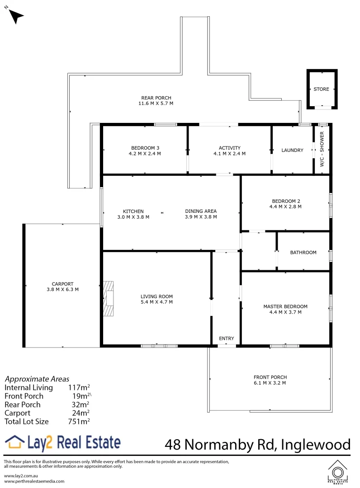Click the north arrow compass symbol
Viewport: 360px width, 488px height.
click(16, 16)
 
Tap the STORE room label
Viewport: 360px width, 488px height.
click(322, 89)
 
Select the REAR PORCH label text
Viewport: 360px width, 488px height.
click(156, 98)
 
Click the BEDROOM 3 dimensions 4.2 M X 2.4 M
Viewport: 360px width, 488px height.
click(145, 154)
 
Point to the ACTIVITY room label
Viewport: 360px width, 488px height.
click(229, 148)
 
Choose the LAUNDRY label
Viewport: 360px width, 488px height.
click(292, 150)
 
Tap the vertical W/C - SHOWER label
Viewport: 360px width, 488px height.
click(322, 150)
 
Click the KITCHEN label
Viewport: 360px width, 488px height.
click(133, 211)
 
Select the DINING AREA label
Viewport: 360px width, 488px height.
click(201, 211)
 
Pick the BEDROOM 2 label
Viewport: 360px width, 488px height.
click(285, 201)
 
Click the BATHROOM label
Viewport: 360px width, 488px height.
click(303, 253)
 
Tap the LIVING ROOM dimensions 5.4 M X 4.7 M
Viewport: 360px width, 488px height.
click(156, 302)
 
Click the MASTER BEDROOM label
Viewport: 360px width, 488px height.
click(285, 306)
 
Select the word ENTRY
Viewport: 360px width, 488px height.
click(226, 338)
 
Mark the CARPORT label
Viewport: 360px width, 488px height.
click(62, 284)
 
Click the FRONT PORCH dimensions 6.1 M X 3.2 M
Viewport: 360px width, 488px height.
click(270, 383)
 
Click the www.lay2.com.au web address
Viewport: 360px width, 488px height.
click(20, 476)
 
